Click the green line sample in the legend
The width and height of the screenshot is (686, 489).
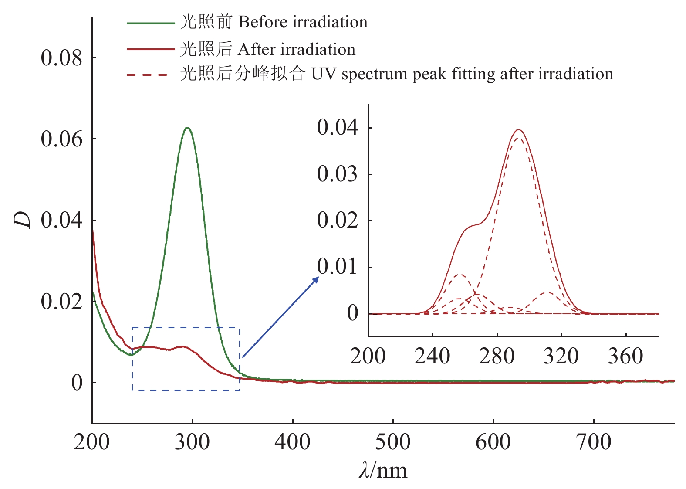click(151, 23)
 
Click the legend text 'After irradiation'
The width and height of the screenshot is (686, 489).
click(297, 49)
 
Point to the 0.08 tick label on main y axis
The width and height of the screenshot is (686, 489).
click(61, 58)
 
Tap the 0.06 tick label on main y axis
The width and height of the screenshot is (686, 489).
click(61, 139)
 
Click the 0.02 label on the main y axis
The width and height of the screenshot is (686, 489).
click(61, 301)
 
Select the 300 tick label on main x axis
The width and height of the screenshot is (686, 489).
click(192, 442)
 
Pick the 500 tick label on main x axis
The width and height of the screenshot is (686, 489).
click(393, 442)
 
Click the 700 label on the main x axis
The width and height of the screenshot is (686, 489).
click(594, 442)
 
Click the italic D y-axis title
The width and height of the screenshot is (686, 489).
click(22, 220)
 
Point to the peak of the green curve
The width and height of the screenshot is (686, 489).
click(187, 128)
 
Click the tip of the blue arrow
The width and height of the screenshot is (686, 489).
click(319, 277)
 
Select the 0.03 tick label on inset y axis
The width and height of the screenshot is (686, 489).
click(337, 174)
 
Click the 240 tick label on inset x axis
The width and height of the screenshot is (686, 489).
click(432, 356)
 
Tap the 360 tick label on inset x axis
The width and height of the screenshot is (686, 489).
click(625, 356)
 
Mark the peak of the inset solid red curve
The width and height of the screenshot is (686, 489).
click(518, 129)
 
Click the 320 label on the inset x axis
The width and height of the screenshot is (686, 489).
click(561, 356)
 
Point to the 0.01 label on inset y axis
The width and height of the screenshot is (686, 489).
click(337, 267)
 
